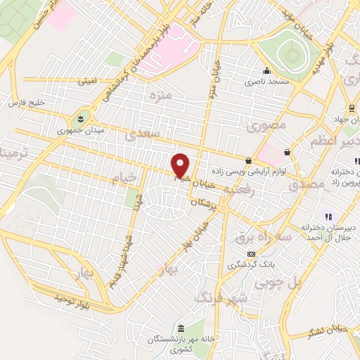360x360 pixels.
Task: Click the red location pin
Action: pyautogui.click(x=181, y=165)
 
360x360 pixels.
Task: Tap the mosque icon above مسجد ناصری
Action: pyautogui.click(x=266, y=71)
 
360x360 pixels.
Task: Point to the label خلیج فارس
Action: pyautogui.click(x=26, y=103)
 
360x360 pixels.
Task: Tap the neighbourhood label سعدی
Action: pyautogui.click(x=150, y=132)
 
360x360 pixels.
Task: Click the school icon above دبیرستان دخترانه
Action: pyautogui.click(x=327, y=216)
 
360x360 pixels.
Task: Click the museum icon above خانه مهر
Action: pyautogui.click(x=181, y=329)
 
